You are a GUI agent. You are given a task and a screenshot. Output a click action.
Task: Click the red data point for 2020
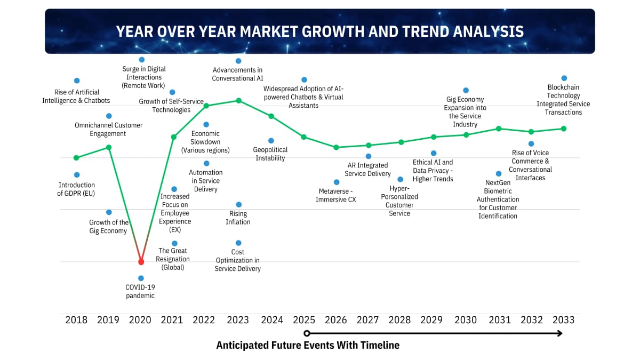tap(141, 262)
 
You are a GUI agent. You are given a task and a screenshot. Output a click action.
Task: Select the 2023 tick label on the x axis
tap(238, 320)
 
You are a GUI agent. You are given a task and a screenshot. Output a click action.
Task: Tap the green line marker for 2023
tap(238, 100)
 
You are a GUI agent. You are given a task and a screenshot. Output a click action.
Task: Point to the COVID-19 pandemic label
tap(140, 291)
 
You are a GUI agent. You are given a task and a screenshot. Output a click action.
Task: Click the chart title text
tap(319, 31)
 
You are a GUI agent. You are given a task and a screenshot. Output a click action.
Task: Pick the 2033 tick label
tap(563, 320)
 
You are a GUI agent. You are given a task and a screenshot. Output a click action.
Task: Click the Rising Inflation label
tap(238, 218)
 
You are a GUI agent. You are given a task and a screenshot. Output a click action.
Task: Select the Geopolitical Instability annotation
tap(270, 154)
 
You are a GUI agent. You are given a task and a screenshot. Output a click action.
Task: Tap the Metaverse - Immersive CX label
tap(337, 195)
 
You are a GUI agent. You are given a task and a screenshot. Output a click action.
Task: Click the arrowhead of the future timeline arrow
tap(560, 333)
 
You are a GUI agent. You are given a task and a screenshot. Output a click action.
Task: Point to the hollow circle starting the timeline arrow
tap(307, 333)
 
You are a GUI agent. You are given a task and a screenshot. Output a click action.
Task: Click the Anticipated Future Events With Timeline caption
tap(308, 346)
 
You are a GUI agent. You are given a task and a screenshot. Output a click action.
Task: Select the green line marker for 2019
tap(109, 147)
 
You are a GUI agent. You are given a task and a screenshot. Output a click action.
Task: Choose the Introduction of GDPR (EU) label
tap(76, 189)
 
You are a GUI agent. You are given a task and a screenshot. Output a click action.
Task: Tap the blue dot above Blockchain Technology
tap(564, 78)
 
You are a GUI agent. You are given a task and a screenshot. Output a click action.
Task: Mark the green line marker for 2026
tap(336, 147)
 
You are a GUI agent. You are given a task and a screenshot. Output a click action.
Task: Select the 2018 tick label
tap(76, 320)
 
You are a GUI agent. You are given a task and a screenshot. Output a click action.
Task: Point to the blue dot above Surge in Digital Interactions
tap(141, 60)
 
